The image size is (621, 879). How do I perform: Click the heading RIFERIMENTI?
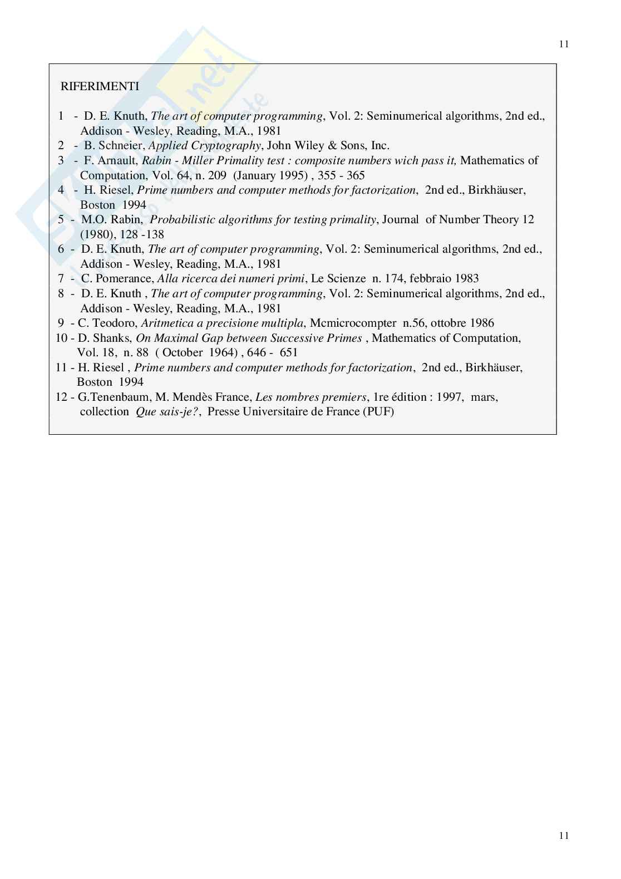pos(100,86)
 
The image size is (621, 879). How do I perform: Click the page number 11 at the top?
pos(564,45)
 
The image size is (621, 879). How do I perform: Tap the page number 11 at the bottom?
pos(564,835)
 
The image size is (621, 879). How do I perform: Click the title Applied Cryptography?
pos(204,146)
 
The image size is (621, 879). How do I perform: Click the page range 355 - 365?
pos(341,175)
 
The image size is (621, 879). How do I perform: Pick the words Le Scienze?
pos(338,278)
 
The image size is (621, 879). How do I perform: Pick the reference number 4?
pos(61,190)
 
